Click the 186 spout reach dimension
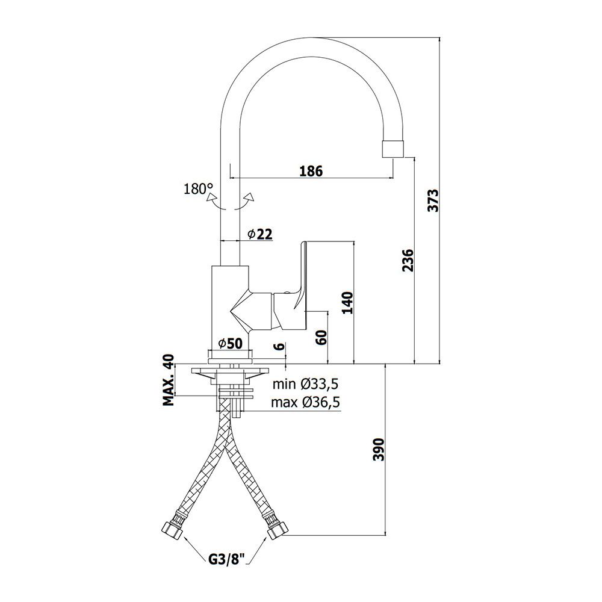coord(311,171)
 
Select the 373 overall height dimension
coord(433,200)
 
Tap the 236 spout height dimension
coord(408,260)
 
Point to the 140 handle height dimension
coord(347,303)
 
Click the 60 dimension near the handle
coord(321,337)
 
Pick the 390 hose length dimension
coord(379,449)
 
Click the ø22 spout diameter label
coord(260,234)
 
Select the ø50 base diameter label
coord(231,344)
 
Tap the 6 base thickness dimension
coord(281,346)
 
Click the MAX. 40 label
coord(168,380)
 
